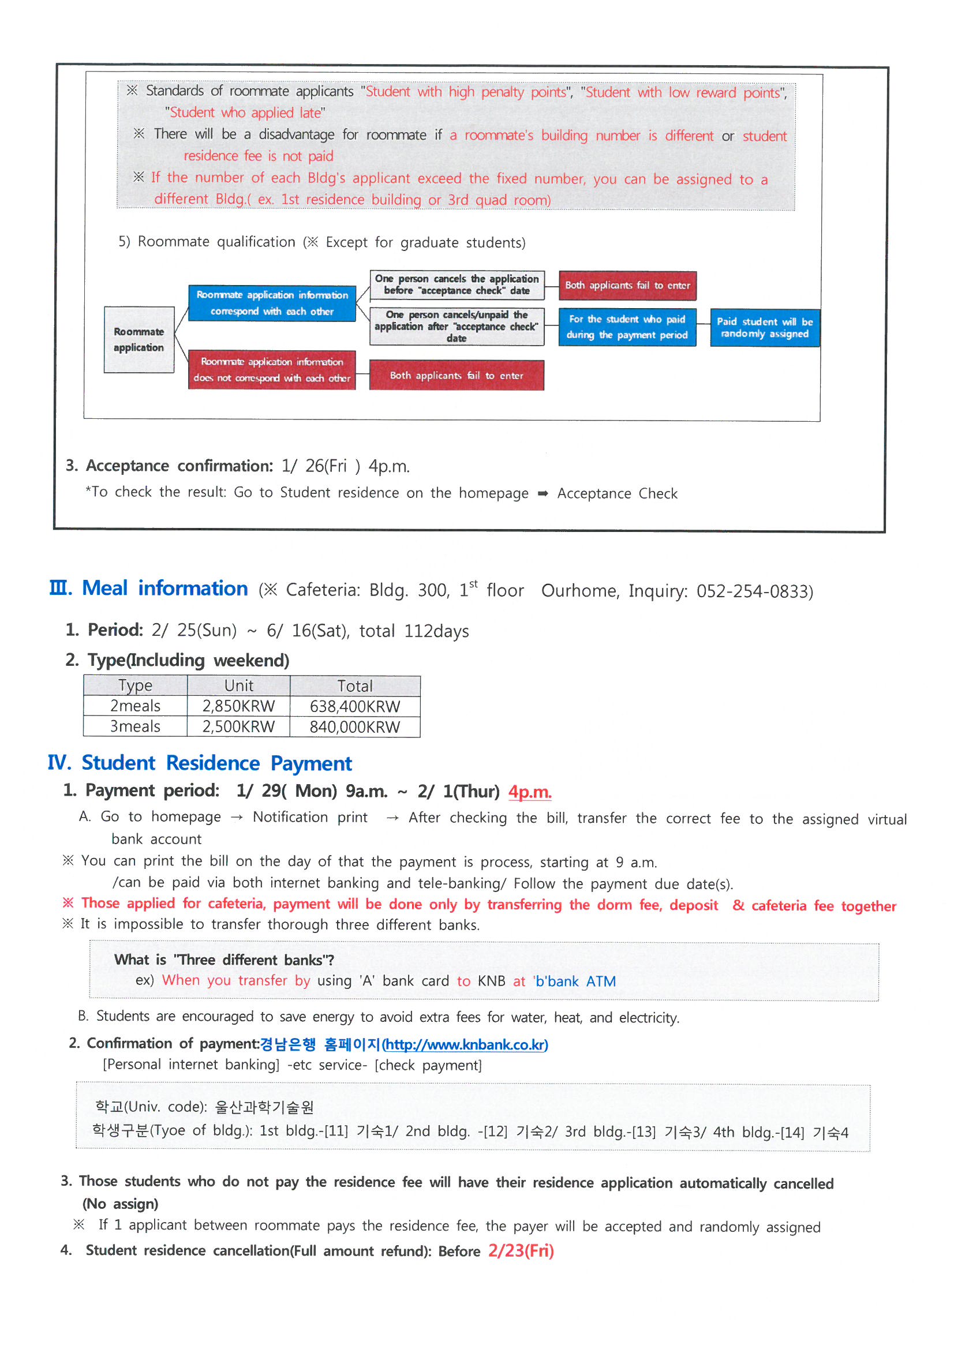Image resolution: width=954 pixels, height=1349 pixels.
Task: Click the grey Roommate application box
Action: pos(139,340)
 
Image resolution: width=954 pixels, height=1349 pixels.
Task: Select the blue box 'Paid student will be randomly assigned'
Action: pos(764,328)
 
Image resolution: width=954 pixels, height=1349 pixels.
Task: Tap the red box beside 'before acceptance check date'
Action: pos(627,286)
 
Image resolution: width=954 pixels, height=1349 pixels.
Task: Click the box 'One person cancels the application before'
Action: pos(457,285)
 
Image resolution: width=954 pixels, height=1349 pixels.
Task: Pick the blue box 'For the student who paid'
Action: pos(627,327)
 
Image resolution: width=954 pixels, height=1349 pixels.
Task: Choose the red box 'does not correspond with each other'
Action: pos(272,370)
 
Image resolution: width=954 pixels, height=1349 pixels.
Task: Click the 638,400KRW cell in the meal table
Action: pos(354,706)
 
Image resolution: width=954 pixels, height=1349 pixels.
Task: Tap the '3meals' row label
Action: pos(135,727)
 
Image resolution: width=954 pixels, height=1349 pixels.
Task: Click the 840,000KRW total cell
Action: pos(354,727)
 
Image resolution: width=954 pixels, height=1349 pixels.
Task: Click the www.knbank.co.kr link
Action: pos(466,1044)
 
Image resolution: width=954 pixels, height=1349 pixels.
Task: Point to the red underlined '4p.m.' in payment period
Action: pos(530,792)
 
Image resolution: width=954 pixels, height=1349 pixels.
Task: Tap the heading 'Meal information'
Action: pos(164,588)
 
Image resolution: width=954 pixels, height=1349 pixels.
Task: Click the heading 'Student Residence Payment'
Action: pos(216,763)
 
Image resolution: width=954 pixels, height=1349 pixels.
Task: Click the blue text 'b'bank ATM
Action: pos(574,981)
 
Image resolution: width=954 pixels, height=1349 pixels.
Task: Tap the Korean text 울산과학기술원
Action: pos(264,1107)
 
